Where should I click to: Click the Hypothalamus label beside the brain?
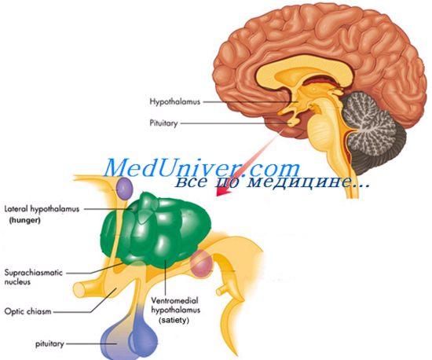(x=174, y=101)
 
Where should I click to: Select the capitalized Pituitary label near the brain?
(x=163, y=123)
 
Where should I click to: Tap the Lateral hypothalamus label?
(x=42, y=209)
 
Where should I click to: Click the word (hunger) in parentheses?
(x=25, y=221)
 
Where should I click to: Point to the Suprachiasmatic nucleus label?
(x=34, y=277)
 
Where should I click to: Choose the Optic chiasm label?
(x=27, y=312)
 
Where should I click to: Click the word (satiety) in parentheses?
(x=174, y=321)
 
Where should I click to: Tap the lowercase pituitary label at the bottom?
(x=49, y=344)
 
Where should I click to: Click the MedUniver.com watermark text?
(x=202, y=167)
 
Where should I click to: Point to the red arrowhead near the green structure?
(x=222, y=191)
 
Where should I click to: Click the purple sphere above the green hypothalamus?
(x=124, y=189)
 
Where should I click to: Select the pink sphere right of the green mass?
(x=202, y=264)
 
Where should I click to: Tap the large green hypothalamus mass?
(x=156, y=230)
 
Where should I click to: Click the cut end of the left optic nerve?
(x=79, y=290)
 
